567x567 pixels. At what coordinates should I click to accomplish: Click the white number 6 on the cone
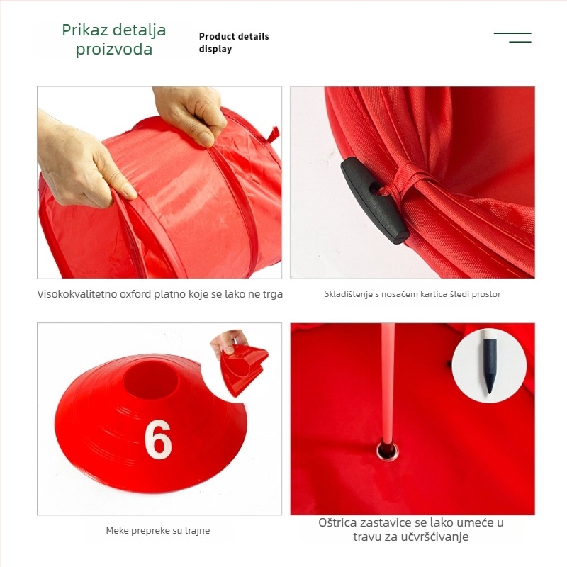pyautogui.click(x=158, y=439)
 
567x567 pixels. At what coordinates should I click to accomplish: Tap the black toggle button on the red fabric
pyautogui.click(x=374, y=200)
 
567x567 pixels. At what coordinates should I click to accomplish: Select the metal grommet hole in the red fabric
pyautogui.click(x=386, y=449)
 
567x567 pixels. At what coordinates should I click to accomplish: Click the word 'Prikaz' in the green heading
pyautogui.click(x=87, y=30)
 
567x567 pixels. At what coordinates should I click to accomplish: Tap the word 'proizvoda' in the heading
pyautogui.click(x=114, y=50)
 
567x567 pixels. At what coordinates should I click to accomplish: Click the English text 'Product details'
pyautogui.click(x=234, y=37)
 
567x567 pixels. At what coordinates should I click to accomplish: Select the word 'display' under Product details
pyautogui.click(x=215, y=50)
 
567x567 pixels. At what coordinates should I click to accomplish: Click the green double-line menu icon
pyautogui.click(x=513, y=38)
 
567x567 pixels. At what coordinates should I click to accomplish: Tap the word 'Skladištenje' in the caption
pyautogui.click(x=347, y=294)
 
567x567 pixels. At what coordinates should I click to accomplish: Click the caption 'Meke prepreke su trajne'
pyautogui.click(x=158, y=530)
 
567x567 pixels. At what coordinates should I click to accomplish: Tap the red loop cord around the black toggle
pyautogui.click(x=407, y=183)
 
